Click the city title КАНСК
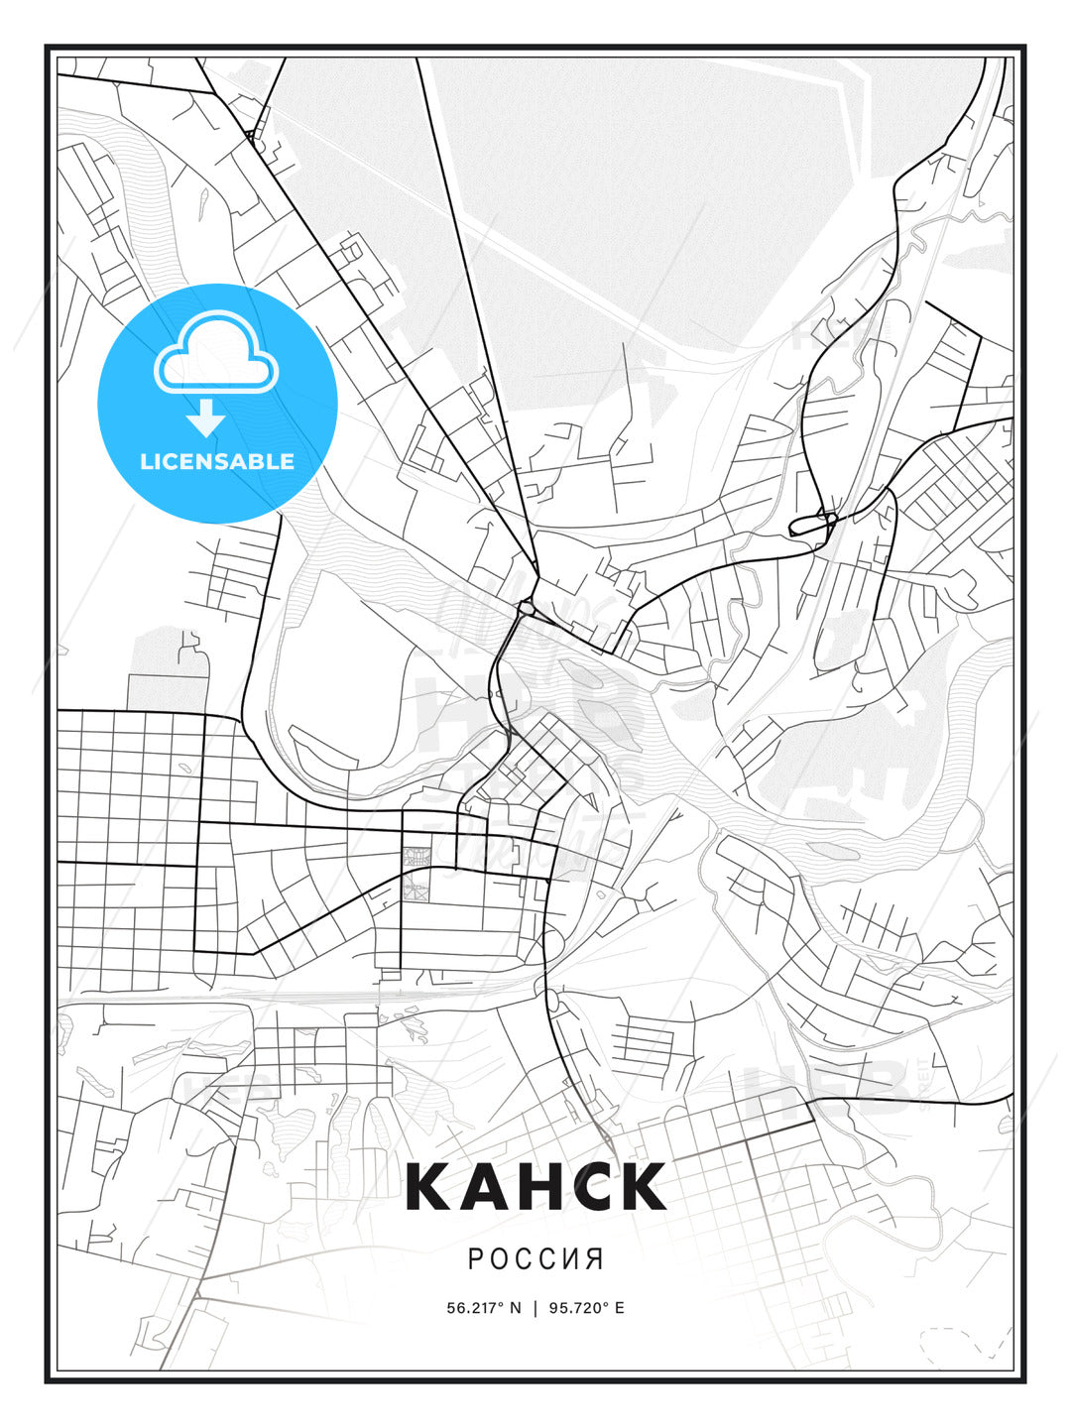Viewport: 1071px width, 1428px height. [535, 1186]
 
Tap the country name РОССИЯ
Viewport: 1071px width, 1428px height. [535, 1259]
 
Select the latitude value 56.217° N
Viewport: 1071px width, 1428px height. [483, 1308]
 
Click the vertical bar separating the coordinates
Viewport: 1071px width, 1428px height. [535, 1308]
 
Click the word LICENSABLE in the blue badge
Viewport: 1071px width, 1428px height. [217, 461]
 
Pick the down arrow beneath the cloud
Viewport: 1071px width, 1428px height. [206, 418]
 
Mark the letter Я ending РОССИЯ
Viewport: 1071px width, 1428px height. [595, 1259]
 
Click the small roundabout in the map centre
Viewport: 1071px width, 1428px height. [526, 607]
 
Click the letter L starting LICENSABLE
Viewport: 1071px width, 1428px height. [146, 461]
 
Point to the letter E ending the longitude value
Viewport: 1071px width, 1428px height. [620, 1308]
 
